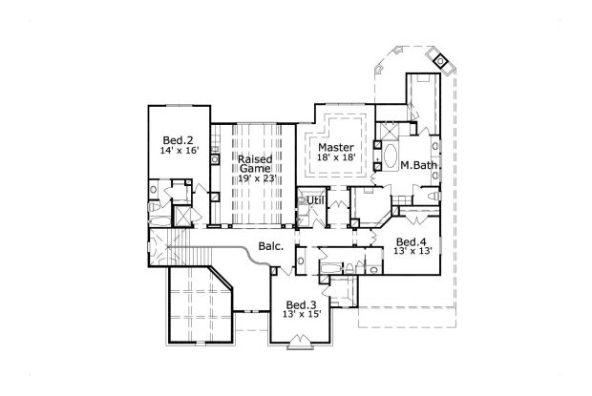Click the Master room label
[x=336, y=147]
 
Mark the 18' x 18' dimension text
[x=337, y=158]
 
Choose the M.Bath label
[x=418, y=167]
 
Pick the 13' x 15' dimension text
[x=302, y=316]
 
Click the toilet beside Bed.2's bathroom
[x=156, y=209]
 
